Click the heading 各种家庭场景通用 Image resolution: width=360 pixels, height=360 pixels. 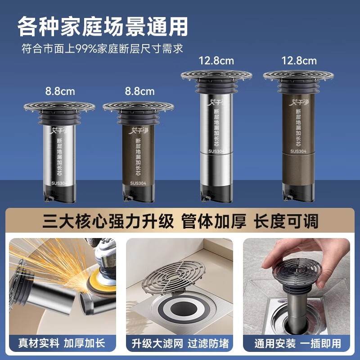click(103, 27)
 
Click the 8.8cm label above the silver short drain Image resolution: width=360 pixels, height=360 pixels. click(60, 91)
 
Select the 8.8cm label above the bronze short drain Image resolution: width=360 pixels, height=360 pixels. click(139, 91)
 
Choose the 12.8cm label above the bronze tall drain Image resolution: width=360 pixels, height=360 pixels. click(299, 60)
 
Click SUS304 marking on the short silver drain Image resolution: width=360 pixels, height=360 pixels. click(59, 183)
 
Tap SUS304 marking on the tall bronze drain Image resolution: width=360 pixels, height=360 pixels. click(298, 152)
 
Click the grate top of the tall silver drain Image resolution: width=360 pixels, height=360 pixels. click(216, 75)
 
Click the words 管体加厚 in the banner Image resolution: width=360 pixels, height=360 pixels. click(213, 221)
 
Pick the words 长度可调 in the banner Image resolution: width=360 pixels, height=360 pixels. click(286, 221)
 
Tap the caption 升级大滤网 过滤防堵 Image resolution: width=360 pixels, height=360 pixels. click(180, 343)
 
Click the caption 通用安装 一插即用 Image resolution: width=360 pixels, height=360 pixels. click(297, 343)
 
